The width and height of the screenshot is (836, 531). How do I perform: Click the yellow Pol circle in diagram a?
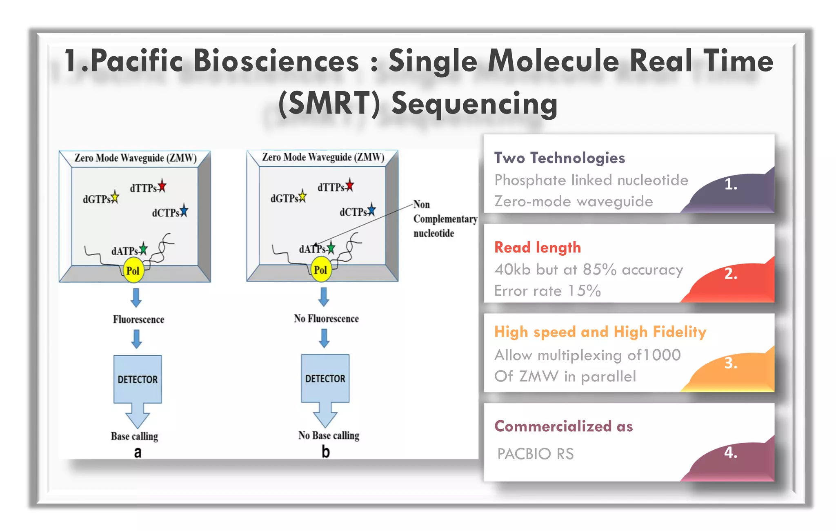click(x=133, y=270)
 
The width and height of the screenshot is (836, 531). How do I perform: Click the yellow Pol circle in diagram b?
click(x=321, y=270)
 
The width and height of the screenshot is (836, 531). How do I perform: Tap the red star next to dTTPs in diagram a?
click(x=162, y=186)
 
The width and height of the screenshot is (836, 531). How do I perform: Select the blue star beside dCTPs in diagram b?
click(x=371, y=210)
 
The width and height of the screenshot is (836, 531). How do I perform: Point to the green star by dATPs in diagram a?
click(x=143, y=248)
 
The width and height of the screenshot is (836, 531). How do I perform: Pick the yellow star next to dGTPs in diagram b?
click(x=302, y=196)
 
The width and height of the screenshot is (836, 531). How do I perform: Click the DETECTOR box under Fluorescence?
click(x=138, y=379)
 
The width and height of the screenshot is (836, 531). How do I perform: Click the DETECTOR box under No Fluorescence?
click(x=325, y=378)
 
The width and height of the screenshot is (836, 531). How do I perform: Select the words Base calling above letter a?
click(x=134, y=436)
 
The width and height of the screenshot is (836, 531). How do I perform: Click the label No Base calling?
click(x=329, y=435)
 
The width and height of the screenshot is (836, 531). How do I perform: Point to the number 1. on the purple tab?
click(x=731, y=185)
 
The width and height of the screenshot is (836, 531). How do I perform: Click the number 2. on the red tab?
click(x=731, y=274)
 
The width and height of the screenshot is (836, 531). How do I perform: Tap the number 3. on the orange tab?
click(x=731, y=363)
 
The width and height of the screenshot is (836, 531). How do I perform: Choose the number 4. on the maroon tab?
click(x=731, y=453)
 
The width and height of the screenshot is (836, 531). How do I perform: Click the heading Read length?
click(x=538, y=248)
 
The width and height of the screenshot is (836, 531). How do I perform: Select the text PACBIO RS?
click(x=536, y=454)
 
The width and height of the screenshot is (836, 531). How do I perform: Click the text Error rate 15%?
click(x=547, y=291)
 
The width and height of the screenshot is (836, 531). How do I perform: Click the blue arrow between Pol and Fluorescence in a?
click(x=136, y=298)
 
